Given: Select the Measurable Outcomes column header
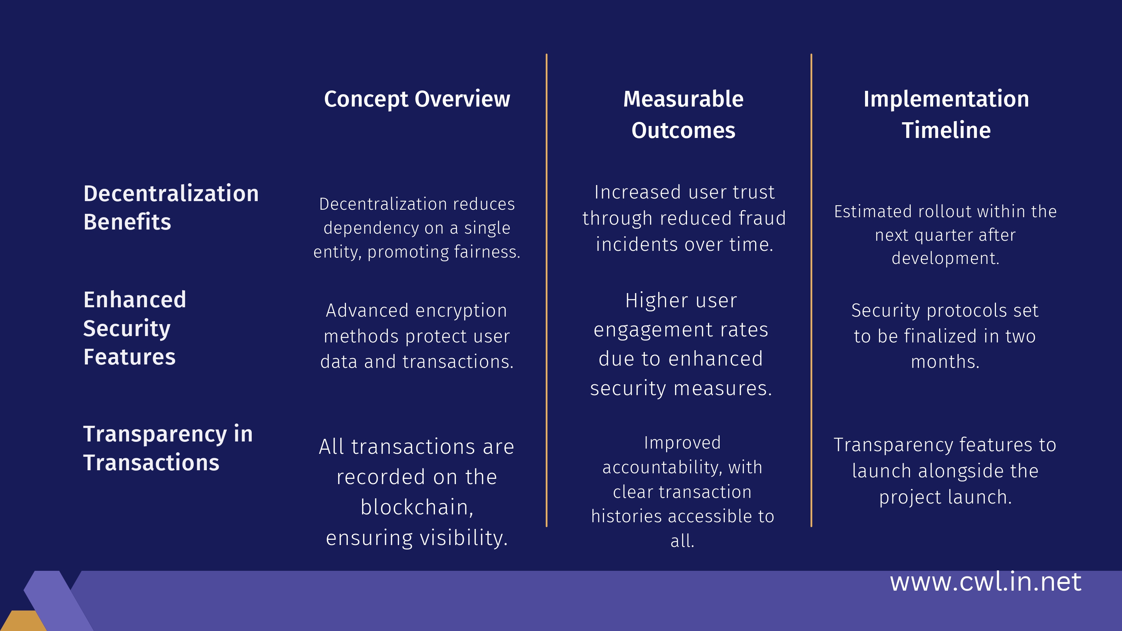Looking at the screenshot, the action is coord(683,114).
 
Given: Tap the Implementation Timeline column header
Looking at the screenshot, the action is coord(946,114).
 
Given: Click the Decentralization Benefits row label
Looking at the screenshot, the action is coord(171,207).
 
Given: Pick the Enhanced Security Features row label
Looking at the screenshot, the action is coord(135,328).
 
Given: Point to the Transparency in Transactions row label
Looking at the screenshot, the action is coord(168,448).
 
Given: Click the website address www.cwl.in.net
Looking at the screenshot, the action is coord(985,581).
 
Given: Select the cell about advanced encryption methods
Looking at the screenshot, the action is coord(417,336).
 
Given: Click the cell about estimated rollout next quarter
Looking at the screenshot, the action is coord(945,235).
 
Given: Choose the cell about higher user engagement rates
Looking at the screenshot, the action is coord(681,344).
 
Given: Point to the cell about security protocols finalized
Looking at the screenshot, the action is coord(945,336).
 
